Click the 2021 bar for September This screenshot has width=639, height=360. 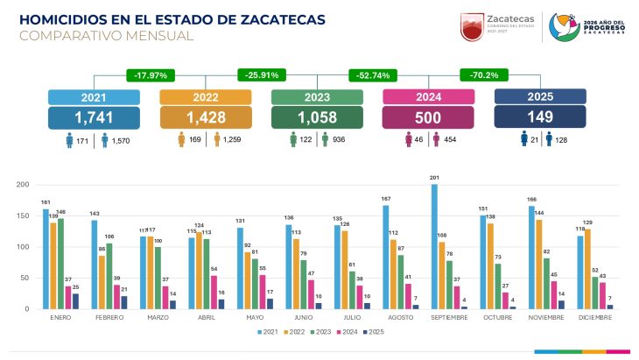434,246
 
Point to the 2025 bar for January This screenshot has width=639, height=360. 74,301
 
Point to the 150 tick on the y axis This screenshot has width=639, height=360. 25,215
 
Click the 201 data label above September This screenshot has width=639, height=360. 434,180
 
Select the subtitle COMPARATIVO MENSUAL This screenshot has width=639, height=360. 106,36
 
